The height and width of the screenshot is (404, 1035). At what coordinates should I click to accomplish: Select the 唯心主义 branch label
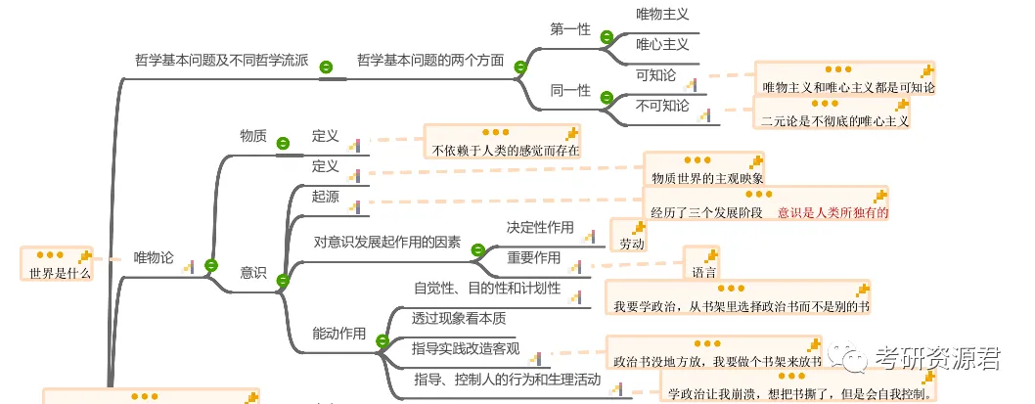pos(662,44)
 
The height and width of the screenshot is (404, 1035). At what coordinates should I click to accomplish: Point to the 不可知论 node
pos(662,105)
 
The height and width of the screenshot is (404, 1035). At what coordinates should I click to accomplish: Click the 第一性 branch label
pos(569,29)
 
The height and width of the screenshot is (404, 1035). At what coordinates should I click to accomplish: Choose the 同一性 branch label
pos(569,90)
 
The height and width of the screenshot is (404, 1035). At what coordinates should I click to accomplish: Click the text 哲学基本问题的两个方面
pos(430,61)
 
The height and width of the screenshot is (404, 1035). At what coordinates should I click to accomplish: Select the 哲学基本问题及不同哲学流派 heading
pos(221,61)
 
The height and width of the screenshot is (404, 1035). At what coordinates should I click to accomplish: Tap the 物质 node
pos(253,136)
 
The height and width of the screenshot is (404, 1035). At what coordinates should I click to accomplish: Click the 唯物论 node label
pos(153,258)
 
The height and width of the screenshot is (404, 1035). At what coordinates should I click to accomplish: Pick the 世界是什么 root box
pos(55,273)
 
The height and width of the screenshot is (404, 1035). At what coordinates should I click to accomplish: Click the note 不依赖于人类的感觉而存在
pos(506,151)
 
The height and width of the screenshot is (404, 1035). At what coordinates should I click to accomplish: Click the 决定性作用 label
pos(540,227)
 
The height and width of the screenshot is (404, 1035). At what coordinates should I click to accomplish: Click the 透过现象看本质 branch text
pos(459,318)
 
